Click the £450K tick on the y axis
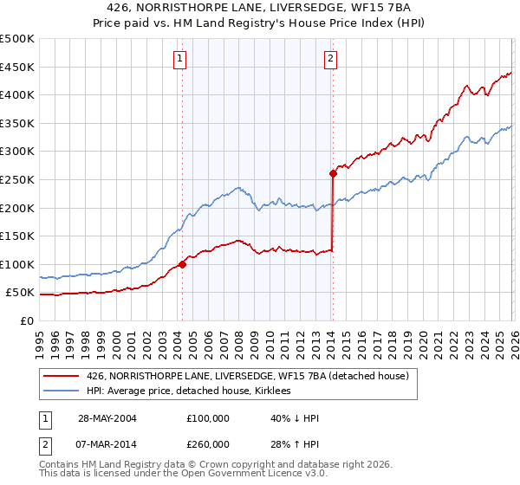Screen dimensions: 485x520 (x=17, y=67)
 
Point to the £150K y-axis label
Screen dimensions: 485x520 (x=17, y=236)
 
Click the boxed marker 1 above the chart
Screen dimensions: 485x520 (x=179, y=59)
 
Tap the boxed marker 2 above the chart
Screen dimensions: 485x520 (x=331, y=59)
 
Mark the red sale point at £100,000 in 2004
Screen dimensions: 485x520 (x=182, y=264)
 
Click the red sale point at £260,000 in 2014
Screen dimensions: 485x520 (x=333, y=173)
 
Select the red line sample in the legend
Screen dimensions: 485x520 (x=62, y=376)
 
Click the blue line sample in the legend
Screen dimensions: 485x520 (x=62, y=391)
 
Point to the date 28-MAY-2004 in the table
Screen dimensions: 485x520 (x=107, y=417)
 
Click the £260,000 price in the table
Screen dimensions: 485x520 (x=208, y=443)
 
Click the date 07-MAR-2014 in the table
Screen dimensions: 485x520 (x=107, y=443)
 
